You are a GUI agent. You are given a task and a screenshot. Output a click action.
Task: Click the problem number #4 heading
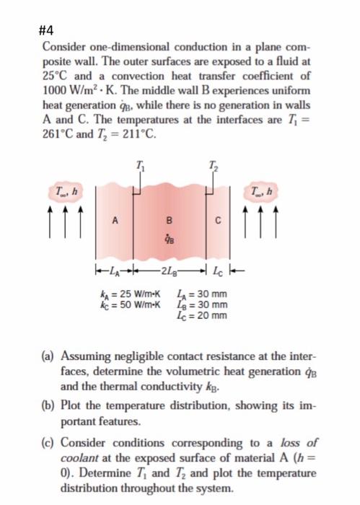(x=48, y=30)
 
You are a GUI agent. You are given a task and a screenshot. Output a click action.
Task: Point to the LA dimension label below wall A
(x=114, y=271)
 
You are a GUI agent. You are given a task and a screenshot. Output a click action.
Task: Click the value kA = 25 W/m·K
(x=131, y=294)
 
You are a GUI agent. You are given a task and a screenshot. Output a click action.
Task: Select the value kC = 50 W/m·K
(x=131, y=304)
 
